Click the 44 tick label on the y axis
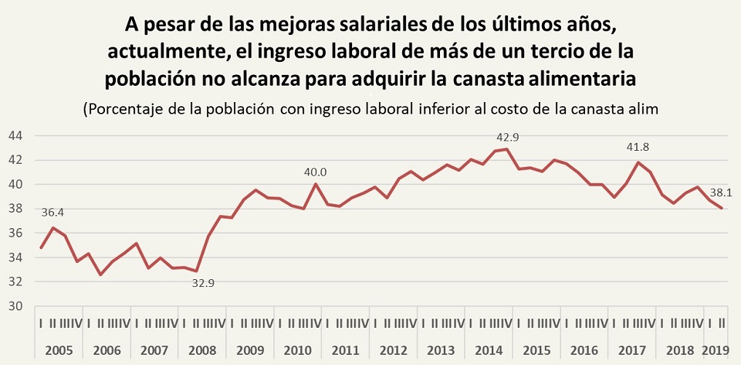[x=15, y=135]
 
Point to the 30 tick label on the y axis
[x=15, y=305]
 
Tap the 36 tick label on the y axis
[x=15, y=233]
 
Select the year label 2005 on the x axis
[x=59, y=350]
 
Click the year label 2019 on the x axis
[x=718, y=350]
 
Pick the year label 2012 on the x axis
[x=394, y=350]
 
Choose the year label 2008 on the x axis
[x=202, y=350]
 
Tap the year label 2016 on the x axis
[x=585, y=350]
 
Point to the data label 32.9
[x=202, y=283]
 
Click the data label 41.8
[x=640, y=148]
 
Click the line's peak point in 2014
[x=506, y=148]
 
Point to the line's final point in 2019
[x=722, y=208]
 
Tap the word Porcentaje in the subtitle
[x=122, y=108]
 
